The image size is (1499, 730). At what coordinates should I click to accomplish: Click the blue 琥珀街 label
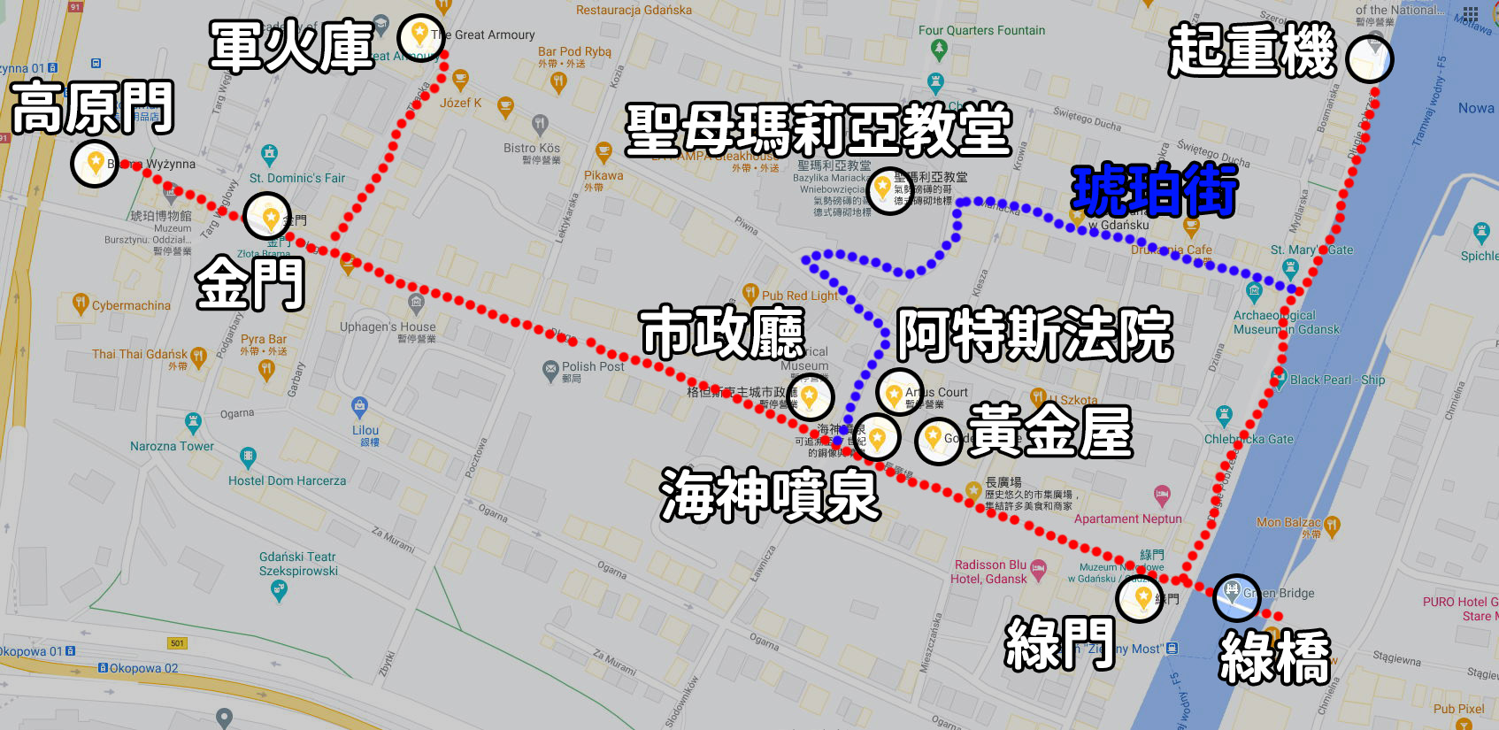tap(1154, 190)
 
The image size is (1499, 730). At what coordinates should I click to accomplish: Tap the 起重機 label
tap(1252, 51)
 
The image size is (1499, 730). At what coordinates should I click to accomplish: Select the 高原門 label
tap(92, 107)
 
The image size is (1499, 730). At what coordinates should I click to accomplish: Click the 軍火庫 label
tap(292, 46)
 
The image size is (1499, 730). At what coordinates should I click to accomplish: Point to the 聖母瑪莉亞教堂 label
tap(818, 129)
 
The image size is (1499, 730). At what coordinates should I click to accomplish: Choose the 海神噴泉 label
tap(769, 495)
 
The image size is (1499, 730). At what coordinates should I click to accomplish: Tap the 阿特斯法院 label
tap(1034, 335)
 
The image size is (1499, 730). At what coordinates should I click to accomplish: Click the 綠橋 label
tap(1274, 657)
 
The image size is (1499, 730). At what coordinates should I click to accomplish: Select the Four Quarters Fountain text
tap(981, 30)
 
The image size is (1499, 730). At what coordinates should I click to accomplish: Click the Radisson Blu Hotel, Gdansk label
tap(989, 572)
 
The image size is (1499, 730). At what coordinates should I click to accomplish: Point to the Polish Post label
tap(593, 366)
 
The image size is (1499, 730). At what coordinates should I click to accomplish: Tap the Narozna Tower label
tap(172, 446)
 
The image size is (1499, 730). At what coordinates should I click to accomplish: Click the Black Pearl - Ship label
tap(1337, 380)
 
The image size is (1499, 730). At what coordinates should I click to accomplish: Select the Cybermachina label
tap(131, 305)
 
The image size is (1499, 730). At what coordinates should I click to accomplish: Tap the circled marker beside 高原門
tap(95, 164)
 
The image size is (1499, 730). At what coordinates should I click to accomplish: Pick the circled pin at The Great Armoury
tap(420, 35)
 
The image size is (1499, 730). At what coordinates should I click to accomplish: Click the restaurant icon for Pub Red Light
tap(750, 292)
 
